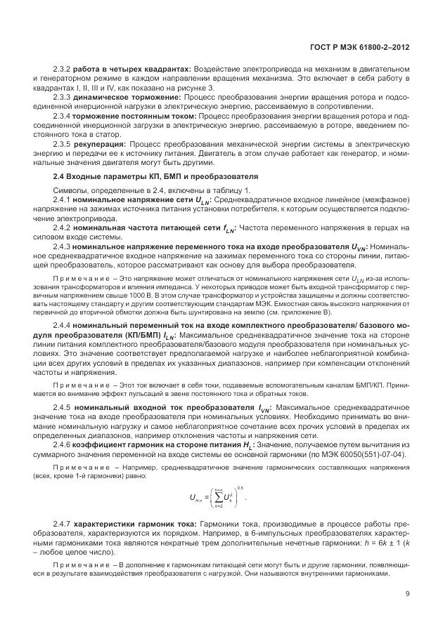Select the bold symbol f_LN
[x=228, y=229]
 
